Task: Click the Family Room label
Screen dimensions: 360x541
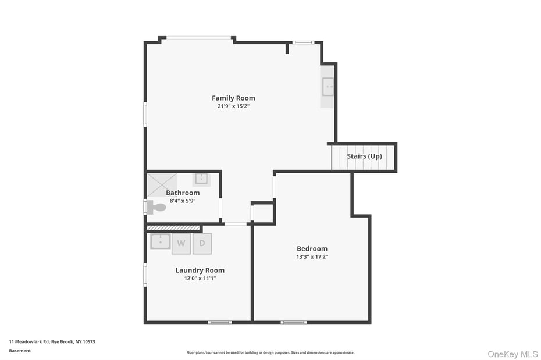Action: [233, 98]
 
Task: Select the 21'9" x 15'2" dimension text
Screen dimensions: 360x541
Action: [233, 106]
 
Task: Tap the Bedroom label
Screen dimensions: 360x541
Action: [312, 248]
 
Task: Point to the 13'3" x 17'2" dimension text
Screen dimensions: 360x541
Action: [312, 256]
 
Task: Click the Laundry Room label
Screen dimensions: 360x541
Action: [200, 270]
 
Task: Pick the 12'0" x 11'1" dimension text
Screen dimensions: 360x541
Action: [200, 278]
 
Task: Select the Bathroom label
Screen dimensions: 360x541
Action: [183, 193]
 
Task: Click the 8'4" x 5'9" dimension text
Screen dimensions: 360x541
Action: [183, 201]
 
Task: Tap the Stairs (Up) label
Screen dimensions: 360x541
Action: [364, 156]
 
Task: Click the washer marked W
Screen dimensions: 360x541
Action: [181, 244]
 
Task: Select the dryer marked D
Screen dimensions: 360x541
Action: [202, 244]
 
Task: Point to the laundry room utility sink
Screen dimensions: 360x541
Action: [160, 241]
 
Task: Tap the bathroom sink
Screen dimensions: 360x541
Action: [201, 179]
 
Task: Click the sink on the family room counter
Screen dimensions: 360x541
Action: [328, 87]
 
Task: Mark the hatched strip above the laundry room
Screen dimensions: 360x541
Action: [173, 228]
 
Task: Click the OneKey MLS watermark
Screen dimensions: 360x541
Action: [512, 354]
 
